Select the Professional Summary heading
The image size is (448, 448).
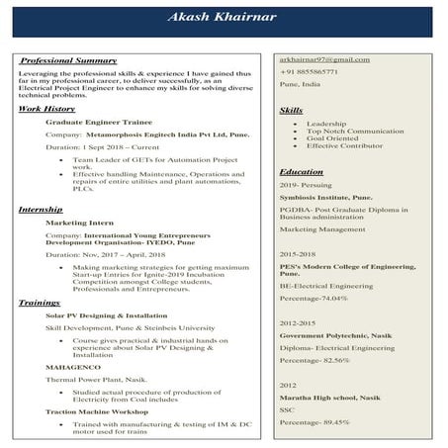tap(69, 61)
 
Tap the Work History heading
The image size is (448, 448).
tap(46, 108)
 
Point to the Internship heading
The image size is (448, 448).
tap(41, 211)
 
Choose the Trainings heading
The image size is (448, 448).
tap(41, 301)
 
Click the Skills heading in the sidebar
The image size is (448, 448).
tap(292, 109)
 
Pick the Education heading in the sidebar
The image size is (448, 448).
tap(303, 172)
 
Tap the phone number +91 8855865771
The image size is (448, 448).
tap(309, 72)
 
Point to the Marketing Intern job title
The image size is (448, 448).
tap(80, 224)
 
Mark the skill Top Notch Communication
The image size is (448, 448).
tap(355, 131)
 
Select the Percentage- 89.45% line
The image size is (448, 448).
tap(314, 422)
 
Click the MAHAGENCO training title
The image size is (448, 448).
tap(72, 366)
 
